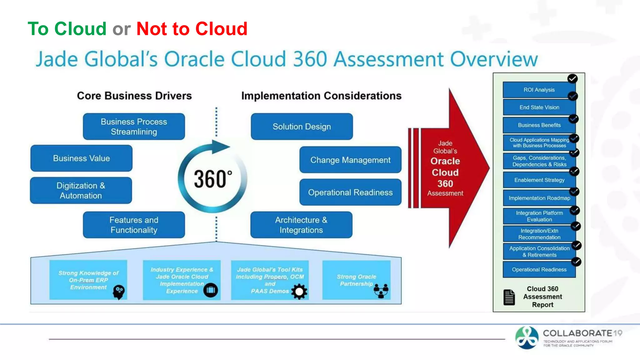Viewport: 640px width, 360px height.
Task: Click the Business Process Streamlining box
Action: click(x=134, y=127)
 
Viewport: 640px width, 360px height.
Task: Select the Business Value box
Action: click(x=81, y=158)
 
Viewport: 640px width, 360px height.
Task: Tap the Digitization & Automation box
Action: click(x=81, y=190)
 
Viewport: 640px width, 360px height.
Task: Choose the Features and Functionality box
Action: click(x=134, y=225)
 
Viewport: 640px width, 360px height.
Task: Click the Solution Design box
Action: click(x=302, y=127)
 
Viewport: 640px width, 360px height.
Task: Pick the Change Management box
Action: click(x=350, y=160)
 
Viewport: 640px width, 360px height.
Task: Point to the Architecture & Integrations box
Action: click(x=301, y=225)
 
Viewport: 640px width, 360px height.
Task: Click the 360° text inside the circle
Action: click(x=213, y=179)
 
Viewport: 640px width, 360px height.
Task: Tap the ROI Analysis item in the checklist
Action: click(x=539, y=90)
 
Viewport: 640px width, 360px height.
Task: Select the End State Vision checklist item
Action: click(x=539, y=107)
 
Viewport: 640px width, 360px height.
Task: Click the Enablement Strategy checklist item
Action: click(x=539, y=180)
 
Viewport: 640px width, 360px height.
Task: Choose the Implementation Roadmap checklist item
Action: click(x=539, y=198)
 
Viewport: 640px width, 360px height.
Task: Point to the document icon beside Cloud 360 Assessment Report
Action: click(x=509, y=297)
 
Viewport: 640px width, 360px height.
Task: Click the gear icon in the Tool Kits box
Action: click(x=299, y=292)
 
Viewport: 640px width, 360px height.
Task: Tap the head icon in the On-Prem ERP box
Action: click(x=119, y=292)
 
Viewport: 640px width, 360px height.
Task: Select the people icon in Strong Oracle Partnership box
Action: click(x=381, y=291)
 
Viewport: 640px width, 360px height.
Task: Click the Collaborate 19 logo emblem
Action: click(x=527, y=338)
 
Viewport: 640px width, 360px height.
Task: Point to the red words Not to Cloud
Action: click(x=192, y=29)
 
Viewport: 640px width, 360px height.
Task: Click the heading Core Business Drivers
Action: click(x=134, y=96)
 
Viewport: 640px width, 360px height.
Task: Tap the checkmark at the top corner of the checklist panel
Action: click(x=572, y=78)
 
